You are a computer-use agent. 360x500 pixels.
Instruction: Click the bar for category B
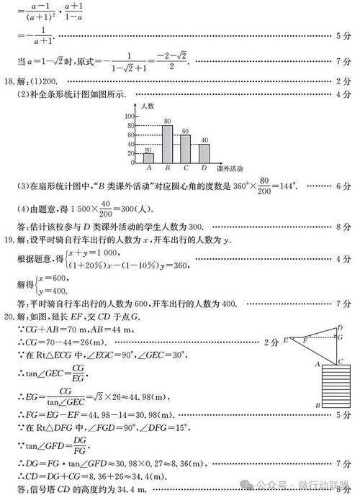167,144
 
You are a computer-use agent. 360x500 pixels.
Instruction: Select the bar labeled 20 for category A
148,158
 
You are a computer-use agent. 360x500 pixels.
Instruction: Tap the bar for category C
186,148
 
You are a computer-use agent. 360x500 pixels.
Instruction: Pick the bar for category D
204,153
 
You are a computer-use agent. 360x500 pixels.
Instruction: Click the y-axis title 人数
148,106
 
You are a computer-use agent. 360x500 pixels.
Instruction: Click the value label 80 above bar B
167,121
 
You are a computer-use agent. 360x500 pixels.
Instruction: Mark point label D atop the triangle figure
340,327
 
